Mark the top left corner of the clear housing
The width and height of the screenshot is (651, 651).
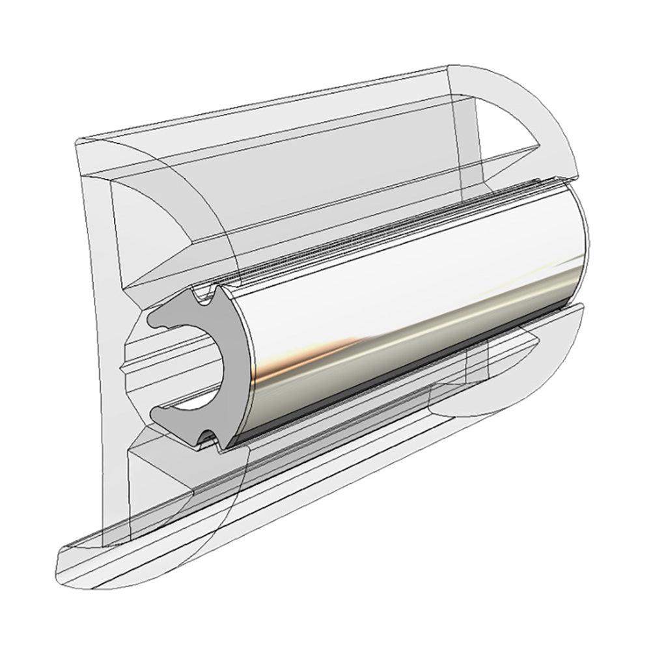(77, 141)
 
